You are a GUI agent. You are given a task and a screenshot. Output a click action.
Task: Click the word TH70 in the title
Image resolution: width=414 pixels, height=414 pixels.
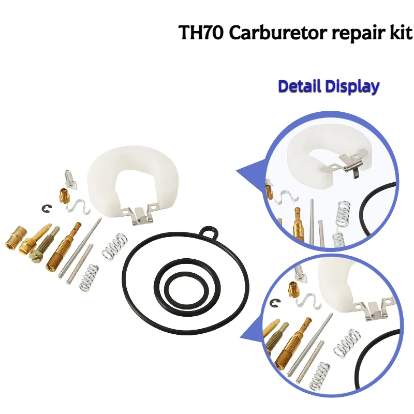(201, 33)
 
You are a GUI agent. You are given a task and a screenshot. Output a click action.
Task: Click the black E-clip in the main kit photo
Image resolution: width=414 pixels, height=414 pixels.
(47, 209)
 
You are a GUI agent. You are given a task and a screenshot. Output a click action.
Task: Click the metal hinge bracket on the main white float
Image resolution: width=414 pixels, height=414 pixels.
(138, 213)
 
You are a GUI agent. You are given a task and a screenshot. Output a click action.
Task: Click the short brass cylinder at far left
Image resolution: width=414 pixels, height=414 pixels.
(16, 238)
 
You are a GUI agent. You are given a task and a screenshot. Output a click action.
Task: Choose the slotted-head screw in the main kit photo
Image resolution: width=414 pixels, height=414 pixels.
(44, 244)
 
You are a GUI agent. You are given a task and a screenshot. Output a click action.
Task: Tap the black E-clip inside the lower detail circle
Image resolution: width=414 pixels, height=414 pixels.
(276, 303)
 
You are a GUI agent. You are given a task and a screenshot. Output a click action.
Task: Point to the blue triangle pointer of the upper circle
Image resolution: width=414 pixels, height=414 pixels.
(252, 173)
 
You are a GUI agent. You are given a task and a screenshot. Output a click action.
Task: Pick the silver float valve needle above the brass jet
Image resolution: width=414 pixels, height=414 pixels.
(70, 180)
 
